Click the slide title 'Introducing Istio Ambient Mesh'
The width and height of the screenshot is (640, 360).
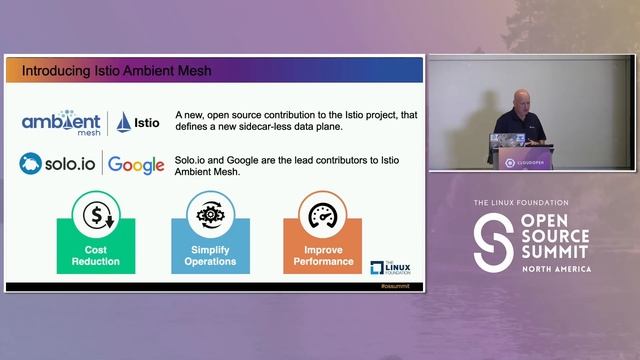[x=117, y=71]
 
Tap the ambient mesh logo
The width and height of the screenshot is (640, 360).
[x=62, y=122]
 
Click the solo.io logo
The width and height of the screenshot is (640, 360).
[x=59, y=162]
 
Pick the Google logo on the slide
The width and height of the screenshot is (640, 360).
[x=136, y=164]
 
